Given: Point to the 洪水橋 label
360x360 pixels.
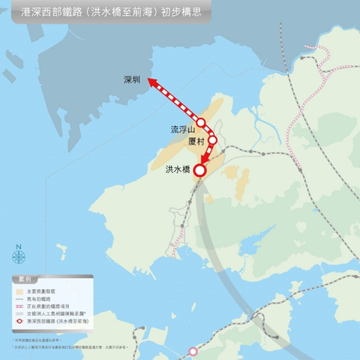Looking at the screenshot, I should [x=177, y=169].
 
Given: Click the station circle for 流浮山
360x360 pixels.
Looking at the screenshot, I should [x=201, y=123].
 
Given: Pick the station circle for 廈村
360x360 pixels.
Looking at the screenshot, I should [x=212, y=140].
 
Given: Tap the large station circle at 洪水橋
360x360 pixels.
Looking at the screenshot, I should [x=199, y=170].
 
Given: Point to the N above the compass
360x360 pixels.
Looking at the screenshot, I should [x=19, y=247].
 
